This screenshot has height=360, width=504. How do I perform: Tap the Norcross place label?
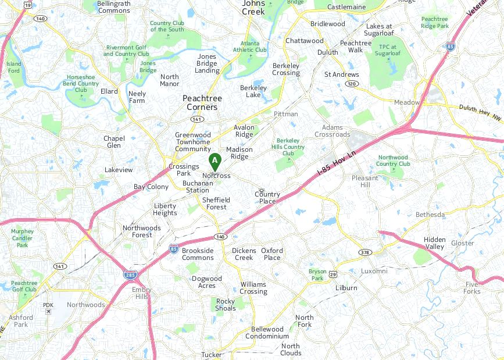[216, 176]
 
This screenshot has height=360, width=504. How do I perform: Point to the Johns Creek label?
[253, 7]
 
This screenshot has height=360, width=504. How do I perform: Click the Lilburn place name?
[346, 288]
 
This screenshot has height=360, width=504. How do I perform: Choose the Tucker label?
[212, 354]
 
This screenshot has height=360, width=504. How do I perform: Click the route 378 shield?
[365, 252]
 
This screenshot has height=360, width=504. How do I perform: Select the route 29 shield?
[333, 274]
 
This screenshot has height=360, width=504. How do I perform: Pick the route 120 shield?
[351, 84]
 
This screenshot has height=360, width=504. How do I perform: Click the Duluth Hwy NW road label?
[480, 112]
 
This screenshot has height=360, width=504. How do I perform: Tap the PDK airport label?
[48, 305]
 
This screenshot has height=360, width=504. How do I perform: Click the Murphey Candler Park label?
[22, 238]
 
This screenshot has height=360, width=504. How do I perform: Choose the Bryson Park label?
[317, 275]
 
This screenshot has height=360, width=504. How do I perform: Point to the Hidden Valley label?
[434, 243]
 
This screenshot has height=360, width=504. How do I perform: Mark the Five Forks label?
[472, 287]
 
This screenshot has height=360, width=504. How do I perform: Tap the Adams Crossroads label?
[333, 131]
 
